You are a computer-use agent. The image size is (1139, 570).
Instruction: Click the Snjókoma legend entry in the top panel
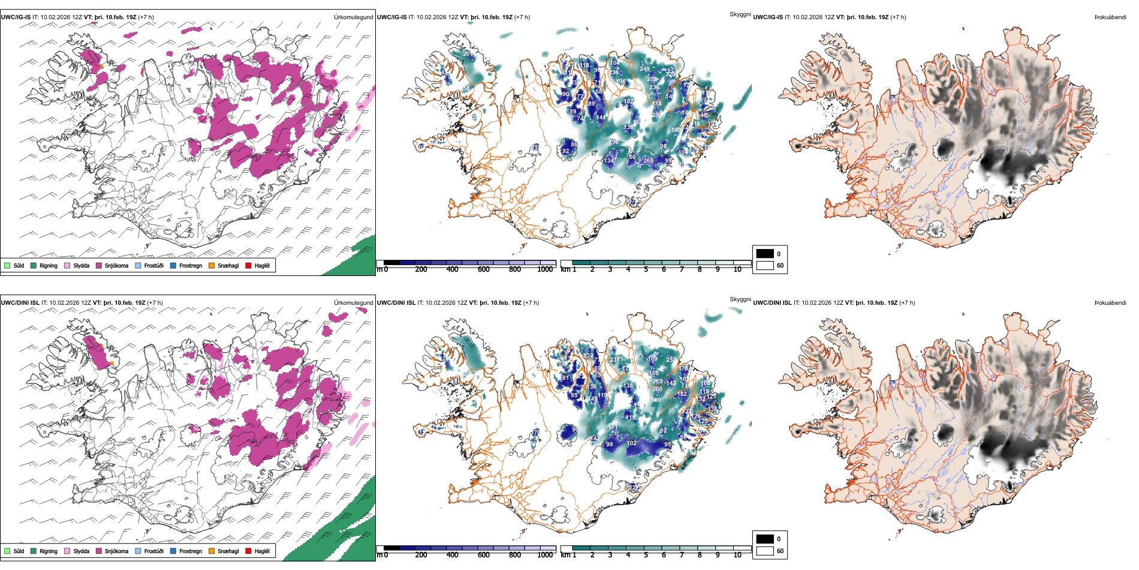coord(116,265)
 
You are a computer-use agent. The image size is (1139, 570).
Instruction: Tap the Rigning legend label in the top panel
coord(48,265)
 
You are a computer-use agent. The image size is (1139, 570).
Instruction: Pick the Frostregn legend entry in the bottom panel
coord(190,551)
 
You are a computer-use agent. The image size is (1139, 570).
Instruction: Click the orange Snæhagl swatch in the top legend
coord(212,265)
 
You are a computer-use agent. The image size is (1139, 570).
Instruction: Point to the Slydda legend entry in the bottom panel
coord(81,551)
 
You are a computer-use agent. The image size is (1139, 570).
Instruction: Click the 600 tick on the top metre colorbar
coord(483,269)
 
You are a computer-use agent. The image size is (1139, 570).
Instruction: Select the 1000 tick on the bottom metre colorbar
coord(545,555)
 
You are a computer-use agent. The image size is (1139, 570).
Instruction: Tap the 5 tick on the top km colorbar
coord(646,269)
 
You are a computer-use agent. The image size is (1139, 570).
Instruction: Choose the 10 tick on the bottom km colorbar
coord(737,555)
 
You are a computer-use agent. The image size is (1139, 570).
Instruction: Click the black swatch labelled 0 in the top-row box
coord(765,254)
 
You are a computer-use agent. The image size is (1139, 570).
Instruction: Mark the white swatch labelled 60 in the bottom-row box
coord(765,551)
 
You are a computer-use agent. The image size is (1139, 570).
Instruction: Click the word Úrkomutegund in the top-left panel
coord(353,17)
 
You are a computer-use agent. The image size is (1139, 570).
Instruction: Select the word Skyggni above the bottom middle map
coord(740,299)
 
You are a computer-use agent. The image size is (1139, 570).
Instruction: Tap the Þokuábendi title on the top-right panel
coord(1110,17)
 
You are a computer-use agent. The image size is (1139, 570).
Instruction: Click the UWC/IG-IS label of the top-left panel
coord(16,17)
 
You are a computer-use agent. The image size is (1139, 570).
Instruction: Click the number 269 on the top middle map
coord(648,161)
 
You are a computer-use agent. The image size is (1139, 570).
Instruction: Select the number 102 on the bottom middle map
coord(631,443)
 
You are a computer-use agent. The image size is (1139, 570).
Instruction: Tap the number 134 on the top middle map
coord(609,161)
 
